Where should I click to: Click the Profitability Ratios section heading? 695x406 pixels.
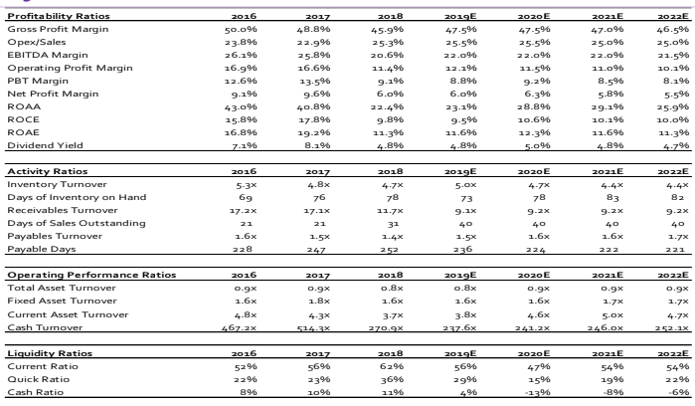59,16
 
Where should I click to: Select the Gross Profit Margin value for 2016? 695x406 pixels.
241,29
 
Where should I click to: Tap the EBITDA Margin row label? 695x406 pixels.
48,55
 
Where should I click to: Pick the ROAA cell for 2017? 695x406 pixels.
313,106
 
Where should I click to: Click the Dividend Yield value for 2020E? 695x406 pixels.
537,145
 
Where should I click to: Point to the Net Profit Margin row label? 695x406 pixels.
53,95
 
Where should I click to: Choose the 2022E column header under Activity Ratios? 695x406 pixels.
673,171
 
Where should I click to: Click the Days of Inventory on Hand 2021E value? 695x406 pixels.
612,197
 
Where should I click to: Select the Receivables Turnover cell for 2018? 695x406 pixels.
387,210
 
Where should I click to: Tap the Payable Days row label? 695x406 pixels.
41,249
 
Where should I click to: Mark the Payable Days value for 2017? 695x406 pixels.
316,250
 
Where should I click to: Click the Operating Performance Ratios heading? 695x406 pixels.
91,275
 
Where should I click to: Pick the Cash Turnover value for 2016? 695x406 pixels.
239,328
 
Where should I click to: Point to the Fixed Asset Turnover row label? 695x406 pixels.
62,301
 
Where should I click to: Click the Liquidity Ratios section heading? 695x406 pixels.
50,353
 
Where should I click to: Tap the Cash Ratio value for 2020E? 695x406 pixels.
538,393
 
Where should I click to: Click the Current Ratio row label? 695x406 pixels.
43,366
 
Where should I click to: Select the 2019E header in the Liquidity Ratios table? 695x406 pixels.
460,353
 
